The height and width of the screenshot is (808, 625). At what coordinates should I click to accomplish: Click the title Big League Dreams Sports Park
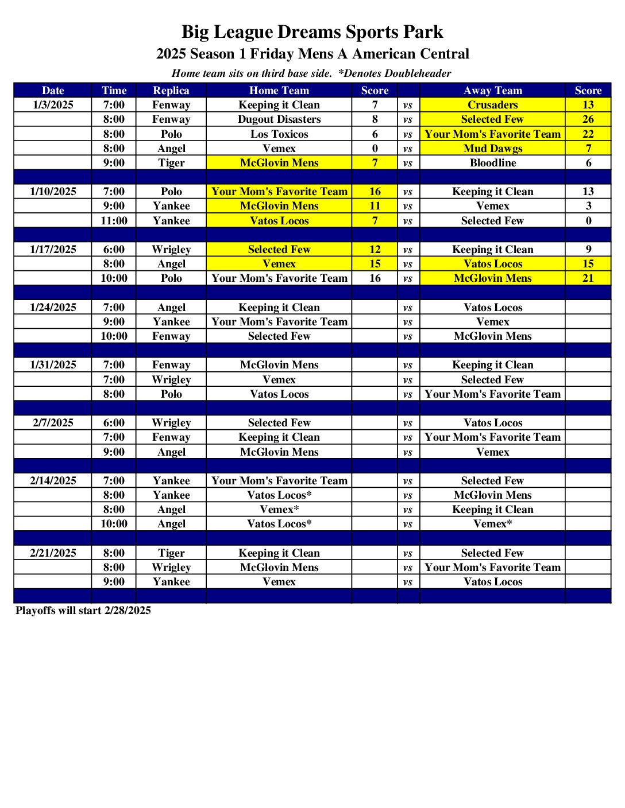click(x=312, y=32)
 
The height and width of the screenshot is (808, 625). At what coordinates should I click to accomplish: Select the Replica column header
click(x=171, y=90)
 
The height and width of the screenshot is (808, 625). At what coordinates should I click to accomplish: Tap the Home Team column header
click(x=279, y=90)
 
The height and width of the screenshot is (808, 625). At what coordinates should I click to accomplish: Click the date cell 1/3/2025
click(x=53, y=105)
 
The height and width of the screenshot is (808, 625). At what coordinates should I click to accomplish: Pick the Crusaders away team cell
click(x=492, y=105)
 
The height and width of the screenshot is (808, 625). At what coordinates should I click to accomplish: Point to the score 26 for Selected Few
click(x=588, y=119)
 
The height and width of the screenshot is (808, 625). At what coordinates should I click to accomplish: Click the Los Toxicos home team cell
click(x=279, y=134)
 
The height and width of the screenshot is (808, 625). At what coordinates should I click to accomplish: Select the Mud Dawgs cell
click(x=492, y=148)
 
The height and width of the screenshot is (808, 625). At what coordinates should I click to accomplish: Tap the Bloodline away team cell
click(x=492, y=163)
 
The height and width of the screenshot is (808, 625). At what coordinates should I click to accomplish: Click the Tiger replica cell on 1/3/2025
click(x=171, y=163)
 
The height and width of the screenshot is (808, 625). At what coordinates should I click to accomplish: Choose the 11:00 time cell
click(x=114, y=221)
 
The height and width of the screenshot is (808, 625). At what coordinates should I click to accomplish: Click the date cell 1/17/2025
click(x=53, y=250)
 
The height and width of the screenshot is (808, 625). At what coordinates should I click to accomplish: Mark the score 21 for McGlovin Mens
click(x=588, y=278)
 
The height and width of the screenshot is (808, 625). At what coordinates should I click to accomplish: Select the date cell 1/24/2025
click(x=53, y=308)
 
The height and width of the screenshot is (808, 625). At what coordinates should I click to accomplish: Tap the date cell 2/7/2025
click(x=53, y=423)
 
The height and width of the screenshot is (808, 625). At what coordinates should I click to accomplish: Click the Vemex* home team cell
click(x=279, y=510)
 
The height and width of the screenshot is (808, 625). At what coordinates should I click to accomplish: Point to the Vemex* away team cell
click(x=492, y=524)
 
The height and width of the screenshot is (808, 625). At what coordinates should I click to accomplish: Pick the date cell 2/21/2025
click(x=53, y=553)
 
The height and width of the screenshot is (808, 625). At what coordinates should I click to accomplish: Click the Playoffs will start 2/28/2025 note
click(x=83, y=611)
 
